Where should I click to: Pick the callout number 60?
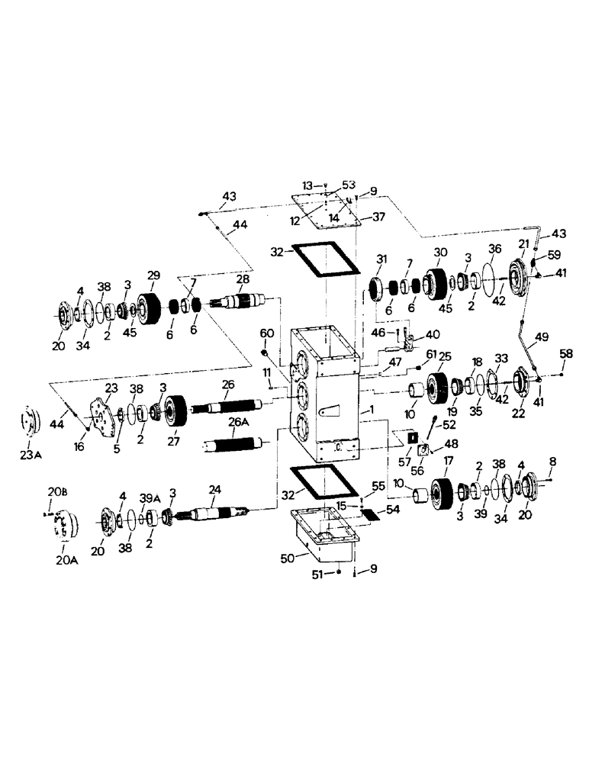point(266,333)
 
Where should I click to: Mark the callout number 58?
point(565,353)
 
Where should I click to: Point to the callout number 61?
point(432,354)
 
